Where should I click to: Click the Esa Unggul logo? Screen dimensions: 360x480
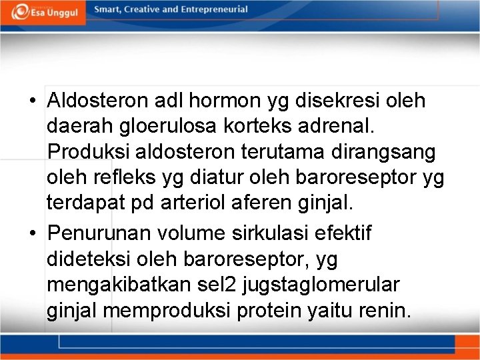coord(43,12)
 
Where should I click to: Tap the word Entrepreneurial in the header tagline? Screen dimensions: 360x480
coord(212,10)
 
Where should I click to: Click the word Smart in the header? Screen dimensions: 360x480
coord(108,10)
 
